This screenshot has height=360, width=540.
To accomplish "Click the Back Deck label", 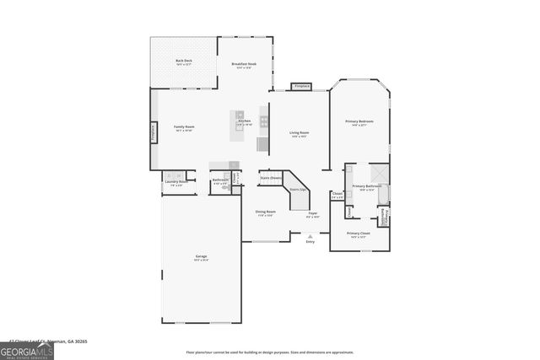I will point(184,61).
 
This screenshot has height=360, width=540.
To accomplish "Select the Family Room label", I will point(184,126).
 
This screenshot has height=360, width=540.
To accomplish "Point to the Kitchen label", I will point(244,121).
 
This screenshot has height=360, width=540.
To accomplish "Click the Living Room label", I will point(300,132).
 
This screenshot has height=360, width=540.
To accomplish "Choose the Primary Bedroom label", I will point(359,121).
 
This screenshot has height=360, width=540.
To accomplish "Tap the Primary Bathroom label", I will point(367,186).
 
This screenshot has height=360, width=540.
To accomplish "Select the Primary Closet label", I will point(359,234).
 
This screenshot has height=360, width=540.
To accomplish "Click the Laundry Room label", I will point(175,181).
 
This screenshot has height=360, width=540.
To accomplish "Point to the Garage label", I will point(201,256).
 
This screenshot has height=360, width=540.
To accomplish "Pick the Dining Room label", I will point(264,212).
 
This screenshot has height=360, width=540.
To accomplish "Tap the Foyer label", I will point(312,213).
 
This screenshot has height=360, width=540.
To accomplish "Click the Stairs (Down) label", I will point(270,178).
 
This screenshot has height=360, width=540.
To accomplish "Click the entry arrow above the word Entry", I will point(310,236).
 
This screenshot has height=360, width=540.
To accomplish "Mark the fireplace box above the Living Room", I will point(301,86).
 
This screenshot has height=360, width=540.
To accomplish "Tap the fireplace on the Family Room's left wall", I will point(154,132).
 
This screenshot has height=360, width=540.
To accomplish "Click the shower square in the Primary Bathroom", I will point(380,173).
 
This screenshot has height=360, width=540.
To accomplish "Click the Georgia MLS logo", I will point(26,350).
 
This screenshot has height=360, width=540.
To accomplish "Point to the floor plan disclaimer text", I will point(270,352).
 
